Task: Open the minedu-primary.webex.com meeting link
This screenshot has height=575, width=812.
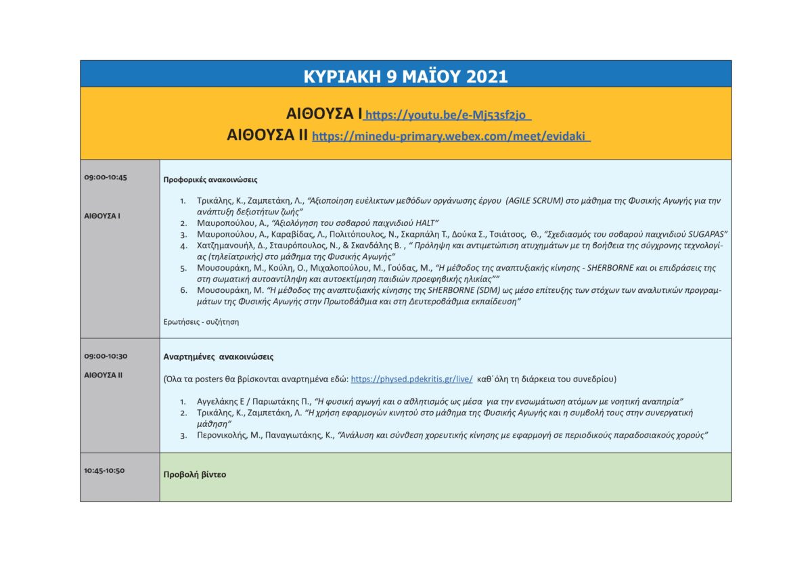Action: click(x=451, y=136)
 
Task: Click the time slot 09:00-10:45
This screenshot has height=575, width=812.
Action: click(x=106, y=177)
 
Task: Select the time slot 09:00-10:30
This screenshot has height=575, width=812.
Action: click(x=106, y=356)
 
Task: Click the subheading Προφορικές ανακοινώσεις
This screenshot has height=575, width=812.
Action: click(x=210, y=180)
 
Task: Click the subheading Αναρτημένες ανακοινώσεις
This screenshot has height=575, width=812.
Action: click(x=219, y=356)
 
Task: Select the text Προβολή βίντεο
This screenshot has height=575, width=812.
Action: click(x=195, y=475)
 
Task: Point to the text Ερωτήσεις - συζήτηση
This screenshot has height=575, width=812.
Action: click(x=201, y=322)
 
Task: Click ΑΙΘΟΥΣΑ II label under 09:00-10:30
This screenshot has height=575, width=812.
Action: click(x=104, y=375)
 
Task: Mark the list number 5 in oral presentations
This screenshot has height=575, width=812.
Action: click(x=183, y=268)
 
